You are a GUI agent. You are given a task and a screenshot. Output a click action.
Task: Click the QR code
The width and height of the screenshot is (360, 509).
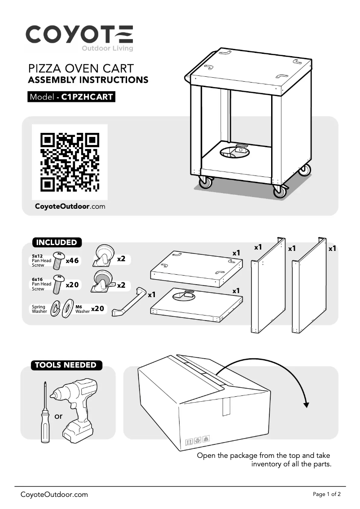(70, 162)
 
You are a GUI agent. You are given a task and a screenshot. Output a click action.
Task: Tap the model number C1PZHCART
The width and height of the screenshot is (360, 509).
(87, 97)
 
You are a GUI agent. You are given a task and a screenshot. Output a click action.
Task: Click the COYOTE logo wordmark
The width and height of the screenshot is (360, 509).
(79, 35)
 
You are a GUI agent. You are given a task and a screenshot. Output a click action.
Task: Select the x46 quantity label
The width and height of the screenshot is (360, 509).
(72, 261)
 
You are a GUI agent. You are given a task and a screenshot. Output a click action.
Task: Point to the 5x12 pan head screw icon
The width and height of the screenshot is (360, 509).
(58, 260)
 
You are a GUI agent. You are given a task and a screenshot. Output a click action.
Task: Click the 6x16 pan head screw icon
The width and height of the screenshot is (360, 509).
(58, 284)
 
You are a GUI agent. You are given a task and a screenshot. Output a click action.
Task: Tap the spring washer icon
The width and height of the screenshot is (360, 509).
(56, 308)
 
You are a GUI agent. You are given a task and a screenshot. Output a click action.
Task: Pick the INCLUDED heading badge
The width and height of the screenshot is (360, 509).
(57, 242)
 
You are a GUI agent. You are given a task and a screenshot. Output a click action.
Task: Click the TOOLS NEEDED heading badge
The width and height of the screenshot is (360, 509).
(66, 365)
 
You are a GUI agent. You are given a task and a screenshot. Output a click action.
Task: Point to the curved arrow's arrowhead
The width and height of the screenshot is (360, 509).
(306, 404)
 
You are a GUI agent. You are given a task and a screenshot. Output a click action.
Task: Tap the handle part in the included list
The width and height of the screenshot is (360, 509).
(129, 301)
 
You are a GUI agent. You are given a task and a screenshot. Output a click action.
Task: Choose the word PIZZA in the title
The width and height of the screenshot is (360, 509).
(45, 69)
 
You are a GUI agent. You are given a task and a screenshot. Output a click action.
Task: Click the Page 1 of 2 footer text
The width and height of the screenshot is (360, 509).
(327, 494)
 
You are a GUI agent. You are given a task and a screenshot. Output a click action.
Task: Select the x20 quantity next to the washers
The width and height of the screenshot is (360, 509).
(97, 309)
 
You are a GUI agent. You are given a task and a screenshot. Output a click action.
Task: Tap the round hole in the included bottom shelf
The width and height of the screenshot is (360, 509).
(184, 296)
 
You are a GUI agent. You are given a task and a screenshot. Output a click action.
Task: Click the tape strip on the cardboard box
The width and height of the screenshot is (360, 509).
(226, 406)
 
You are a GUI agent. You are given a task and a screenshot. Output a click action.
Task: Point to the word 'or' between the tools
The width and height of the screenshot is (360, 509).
(58, 416)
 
